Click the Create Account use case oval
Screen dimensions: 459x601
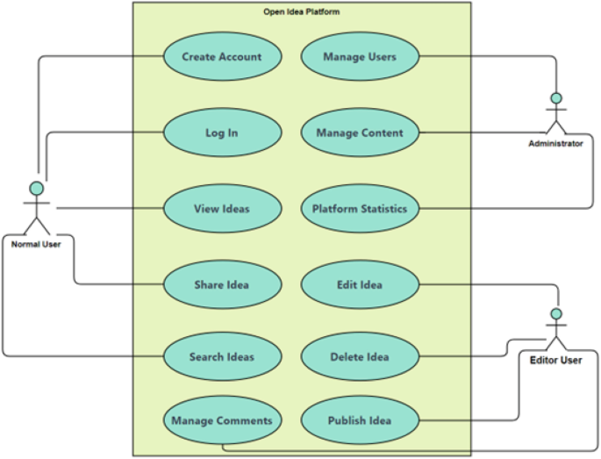222,57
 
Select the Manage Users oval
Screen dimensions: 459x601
360,57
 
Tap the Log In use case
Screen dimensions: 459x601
222,133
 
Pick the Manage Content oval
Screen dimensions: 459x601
360,133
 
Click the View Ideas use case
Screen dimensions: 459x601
222,209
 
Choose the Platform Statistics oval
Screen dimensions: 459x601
360,209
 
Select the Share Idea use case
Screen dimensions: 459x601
222,284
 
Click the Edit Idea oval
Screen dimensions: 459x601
360,284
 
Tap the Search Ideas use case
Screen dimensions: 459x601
222,357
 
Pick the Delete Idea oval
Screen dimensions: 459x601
360,357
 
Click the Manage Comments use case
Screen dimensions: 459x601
222,420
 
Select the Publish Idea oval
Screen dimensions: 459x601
360,420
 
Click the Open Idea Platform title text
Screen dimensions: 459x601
302,12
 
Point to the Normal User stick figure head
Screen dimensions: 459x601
36,188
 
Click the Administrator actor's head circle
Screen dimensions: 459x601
554,97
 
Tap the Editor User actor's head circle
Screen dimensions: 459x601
554,313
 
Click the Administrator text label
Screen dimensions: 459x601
555,143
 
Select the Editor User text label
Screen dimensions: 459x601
555,360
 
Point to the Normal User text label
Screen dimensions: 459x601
36,244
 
